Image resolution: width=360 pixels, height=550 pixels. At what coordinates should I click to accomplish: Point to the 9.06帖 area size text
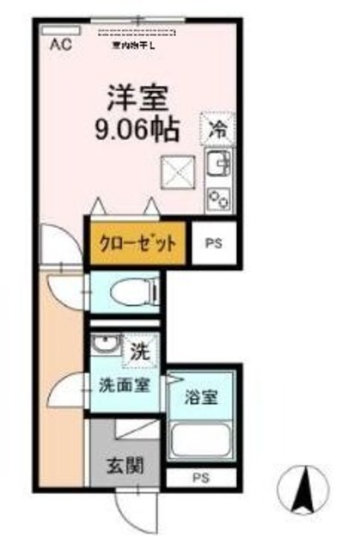point(138,130)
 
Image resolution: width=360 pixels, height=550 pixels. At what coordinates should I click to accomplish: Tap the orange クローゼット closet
point(137,241)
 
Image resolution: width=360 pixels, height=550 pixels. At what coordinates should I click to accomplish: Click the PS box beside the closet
point(212,242)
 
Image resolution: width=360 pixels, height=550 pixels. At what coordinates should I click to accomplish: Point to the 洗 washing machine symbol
point(137,351)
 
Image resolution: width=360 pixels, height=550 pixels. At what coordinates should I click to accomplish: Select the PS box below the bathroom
point(200,479)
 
